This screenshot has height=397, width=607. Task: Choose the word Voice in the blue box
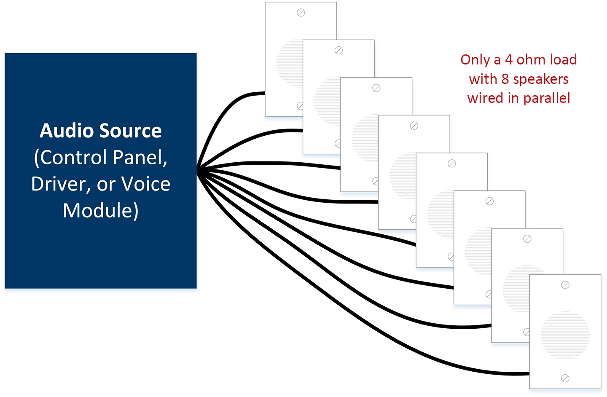(x=146, y=184)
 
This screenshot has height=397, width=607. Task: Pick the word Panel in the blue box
(x=140, y=158)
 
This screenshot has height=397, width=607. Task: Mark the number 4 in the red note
(x=509, y=60)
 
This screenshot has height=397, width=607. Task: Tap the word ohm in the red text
(x=530, y=60)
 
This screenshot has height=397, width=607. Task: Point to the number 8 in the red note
(x=505, y=79)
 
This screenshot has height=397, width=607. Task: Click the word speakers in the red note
(x=541, y=79)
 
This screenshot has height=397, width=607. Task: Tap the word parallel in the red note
(x=547, y=98)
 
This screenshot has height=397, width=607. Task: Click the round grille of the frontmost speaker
(x=565, y=335)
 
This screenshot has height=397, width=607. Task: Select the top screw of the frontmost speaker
(x=565, y=285)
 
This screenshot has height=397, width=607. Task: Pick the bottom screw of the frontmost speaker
(x=565, y=378)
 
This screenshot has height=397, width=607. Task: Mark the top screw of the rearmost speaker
(x=301, y=13)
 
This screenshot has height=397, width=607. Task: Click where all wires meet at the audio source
(x=198, y=171)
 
